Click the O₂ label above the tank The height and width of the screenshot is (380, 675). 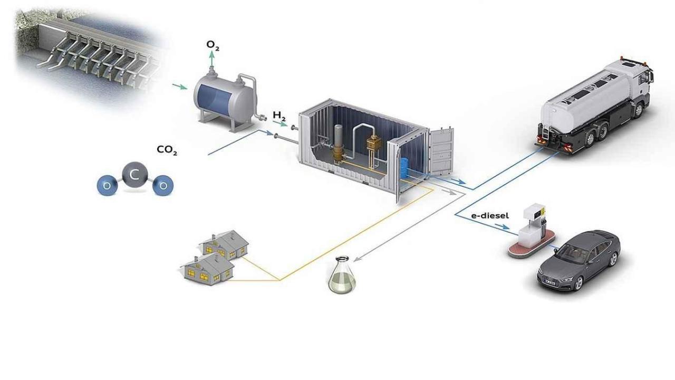pyautogui.click(x=213, y=46)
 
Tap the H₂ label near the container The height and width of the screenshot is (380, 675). pyautogui.click(x=279, y=116)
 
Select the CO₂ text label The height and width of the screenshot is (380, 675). pyautogui.click(x=167, y=150)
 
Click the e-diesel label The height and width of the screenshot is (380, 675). pyautogui.click(x=489, y=215)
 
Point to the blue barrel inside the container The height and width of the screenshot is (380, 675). pyautogui.click(x=405, y=167)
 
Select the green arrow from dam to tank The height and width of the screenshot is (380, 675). pyautogui.click(x=179, y=86)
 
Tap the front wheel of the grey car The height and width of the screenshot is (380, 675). pyautogui.click(x=577, y=282)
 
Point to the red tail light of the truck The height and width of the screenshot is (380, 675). pyautogui.click(x=539, y=139)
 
